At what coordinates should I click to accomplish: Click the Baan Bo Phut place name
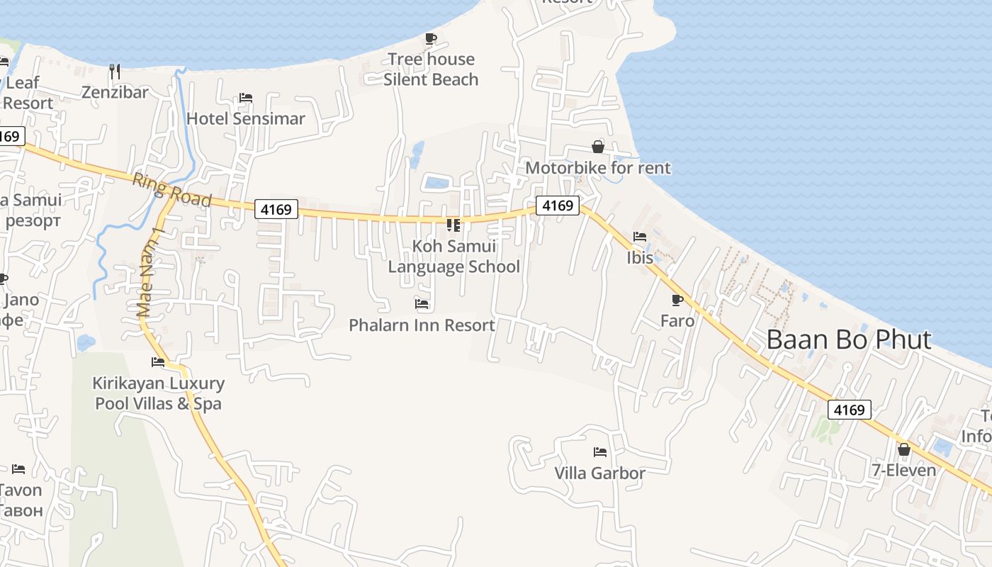(x=848, y=339)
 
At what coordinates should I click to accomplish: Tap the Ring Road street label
(x=171, y=190)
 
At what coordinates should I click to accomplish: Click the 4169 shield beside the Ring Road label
(x=276, y=209)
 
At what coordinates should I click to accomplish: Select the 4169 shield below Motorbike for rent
(x=557, y=206)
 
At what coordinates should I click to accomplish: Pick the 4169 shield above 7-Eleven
(x=849, y=410)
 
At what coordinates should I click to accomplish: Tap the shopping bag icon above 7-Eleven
(x=903, y=449)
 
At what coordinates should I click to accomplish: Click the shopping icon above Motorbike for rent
(x=598, y=147)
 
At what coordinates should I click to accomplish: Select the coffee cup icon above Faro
(x=677, y=300)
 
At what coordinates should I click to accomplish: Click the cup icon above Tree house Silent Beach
(x=431, y=38)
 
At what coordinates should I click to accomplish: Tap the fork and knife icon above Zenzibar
(x=115, y=71)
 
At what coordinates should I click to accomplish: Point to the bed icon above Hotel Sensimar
(x=246, y=97)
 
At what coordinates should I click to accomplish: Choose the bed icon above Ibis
(x=640, y=236)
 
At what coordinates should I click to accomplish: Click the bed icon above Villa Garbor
(x=600, y=451)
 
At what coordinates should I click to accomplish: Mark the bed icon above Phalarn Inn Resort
(x=422, y=304)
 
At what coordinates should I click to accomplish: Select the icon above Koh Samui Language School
(x=453, y=225)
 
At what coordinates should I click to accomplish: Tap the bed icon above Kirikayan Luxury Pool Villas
(x=158, y=362)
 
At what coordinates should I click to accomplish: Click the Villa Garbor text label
(x=599, y=473)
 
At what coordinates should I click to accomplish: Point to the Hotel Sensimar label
(x=245, y=118)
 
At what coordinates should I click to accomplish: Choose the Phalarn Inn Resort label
(x=422, y=325)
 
